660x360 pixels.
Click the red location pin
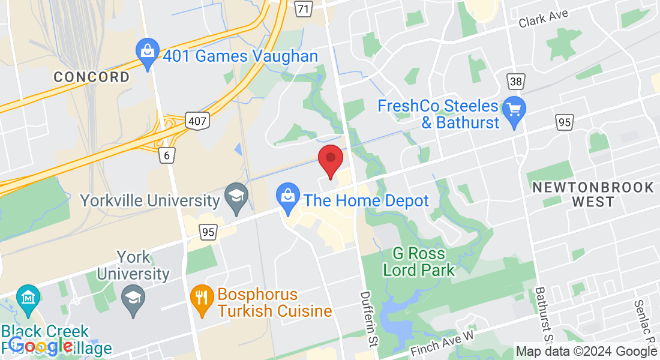pos(330,159)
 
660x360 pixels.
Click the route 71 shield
pos(304,8)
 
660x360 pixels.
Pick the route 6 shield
pos(167,155)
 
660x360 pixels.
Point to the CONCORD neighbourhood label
pos(91,77)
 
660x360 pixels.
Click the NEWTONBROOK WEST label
pos(593,194)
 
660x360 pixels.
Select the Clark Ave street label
pos(543,19)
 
